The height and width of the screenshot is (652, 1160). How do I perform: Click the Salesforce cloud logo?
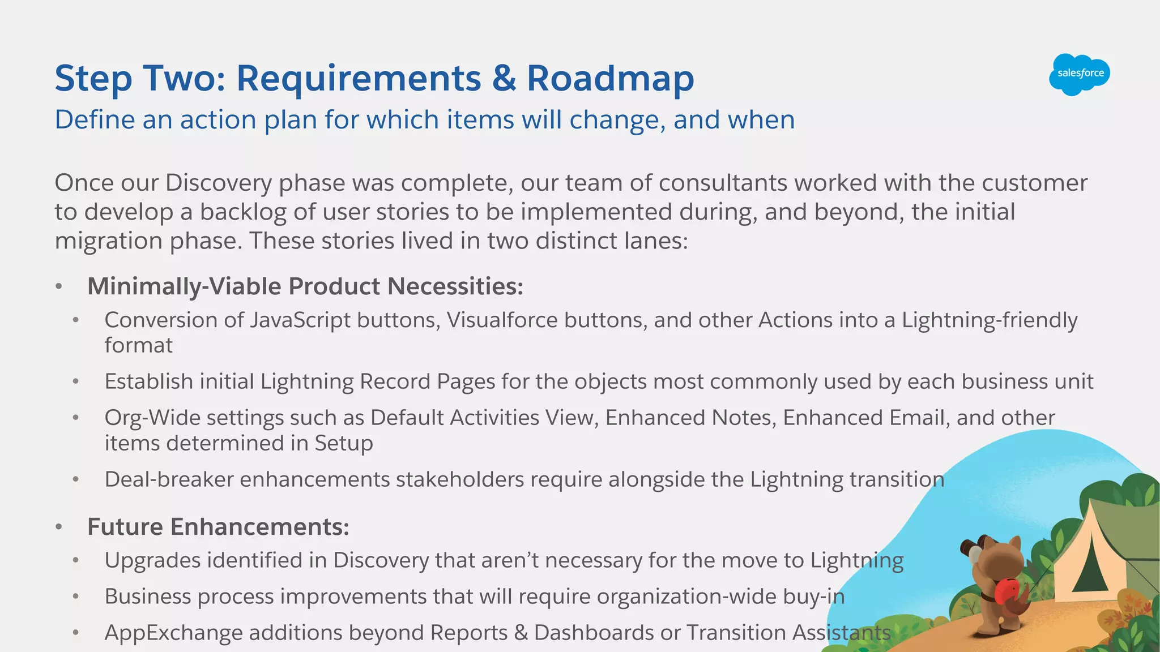pyautogui.click(x=1079, y=74)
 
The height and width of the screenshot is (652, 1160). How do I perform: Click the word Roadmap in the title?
pyautogui.click(x=610, y=78)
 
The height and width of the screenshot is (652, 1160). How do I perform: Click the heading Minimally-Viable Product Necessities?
pyautogui.click(x=305, y=286)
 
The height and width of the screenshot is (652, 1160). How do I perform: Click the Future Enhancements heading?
pyautogui.click(x=218, y=527)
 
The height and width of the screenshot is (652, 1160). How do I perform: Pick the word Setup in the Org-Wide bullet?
pyautogui.click(x=343, y=443)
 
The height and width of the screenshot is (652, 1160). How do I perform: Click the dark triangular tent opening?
pyautogui.click(x=1090, y=569)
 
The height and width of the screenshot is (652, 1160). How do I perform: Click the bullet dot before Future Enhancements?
pyautogui.click(x=59, y=527)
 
